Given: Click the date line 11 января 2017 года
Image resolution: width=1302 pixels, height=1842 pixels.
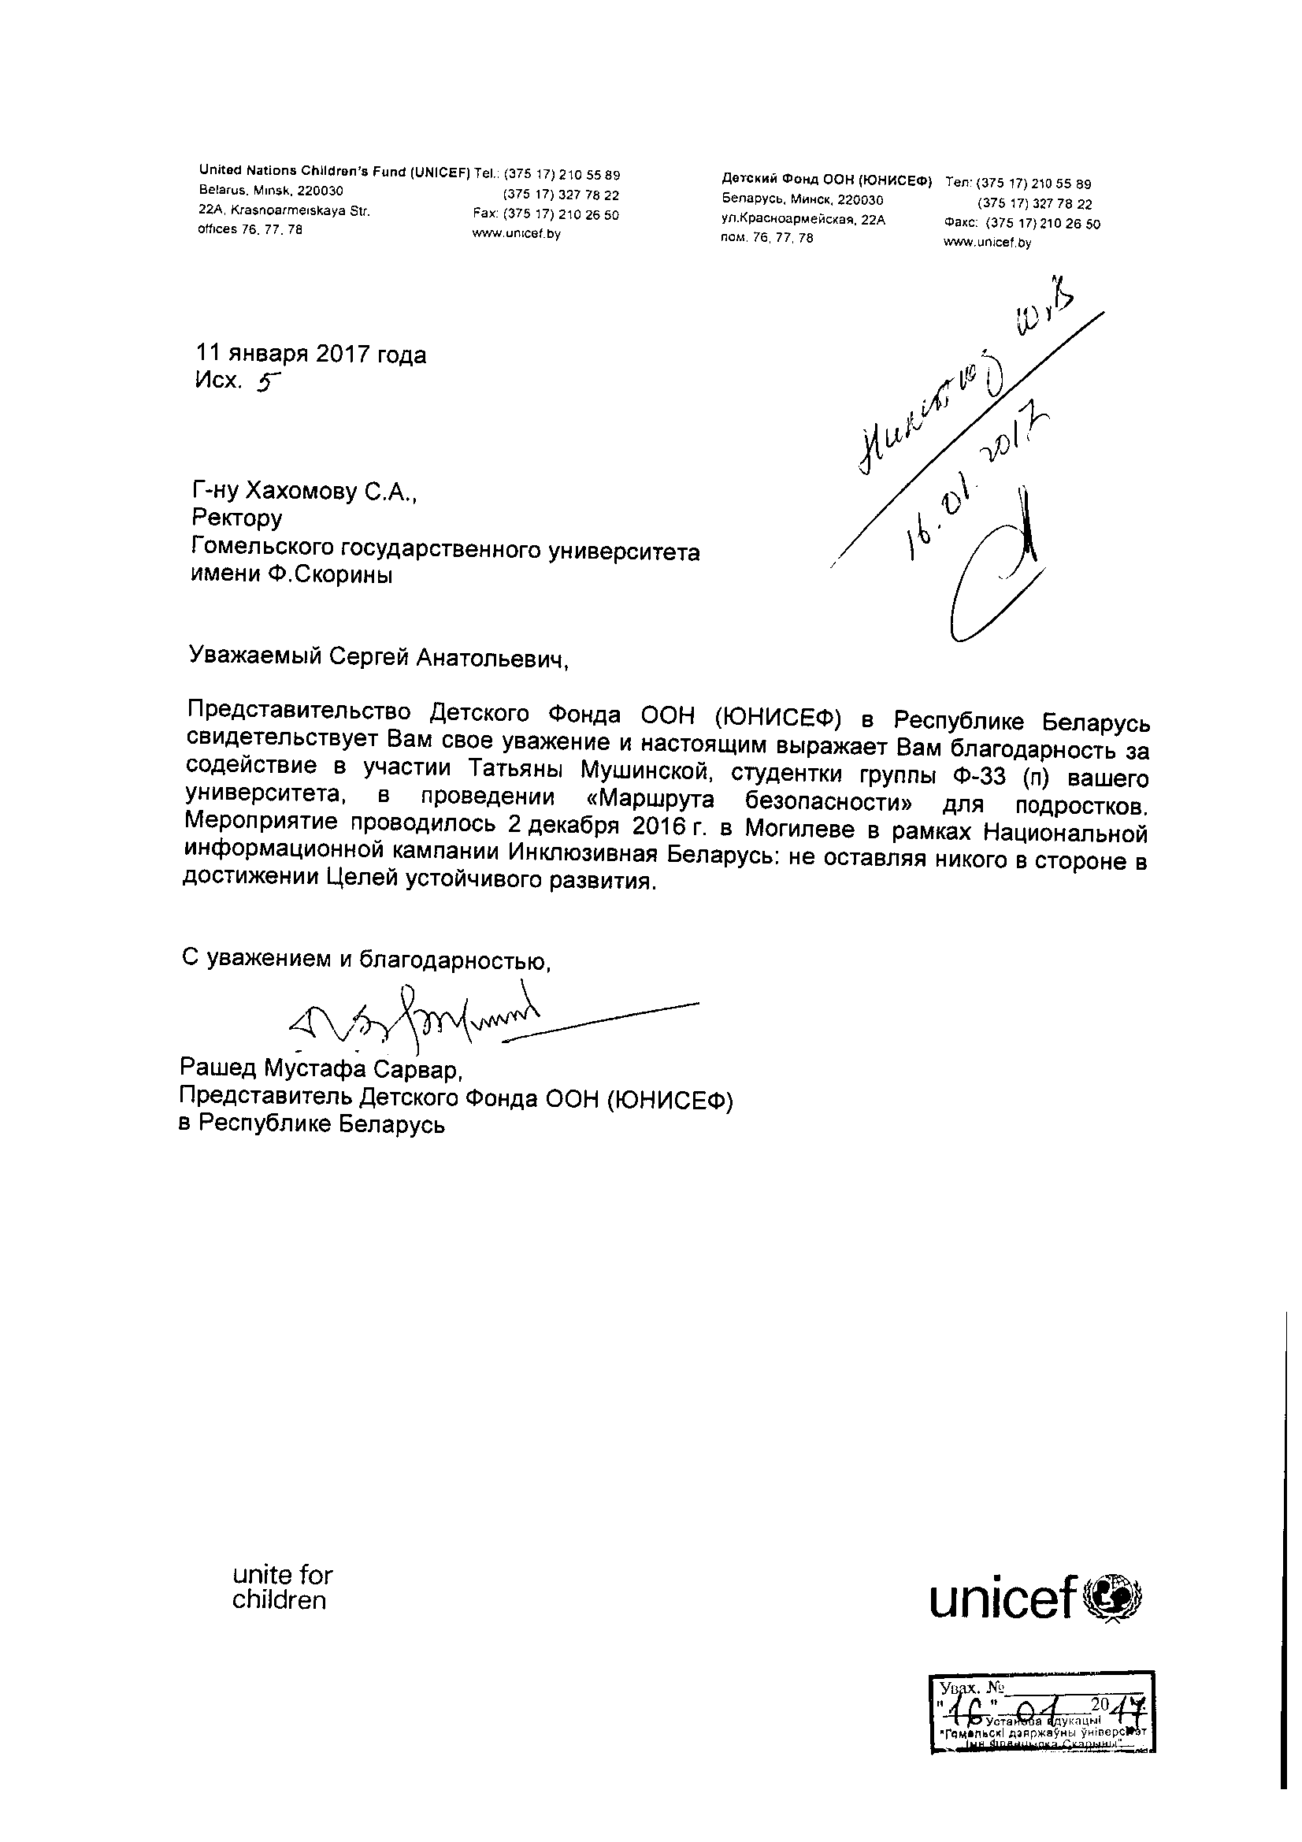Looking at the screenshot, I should click(x=311, y=355).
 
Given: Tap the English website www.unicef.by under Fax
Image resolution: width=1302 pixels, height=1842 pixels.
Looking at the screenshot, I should click(x=517, y=234).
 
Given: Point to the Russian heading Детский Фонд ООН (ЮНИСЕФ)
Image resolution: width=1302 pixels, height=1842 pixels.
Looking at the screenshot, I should click(x=826, y=181).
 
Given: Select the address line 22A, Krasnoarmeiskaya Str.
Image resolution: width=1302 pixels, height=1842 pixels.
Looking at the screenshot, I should click(x=284, y=211).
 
